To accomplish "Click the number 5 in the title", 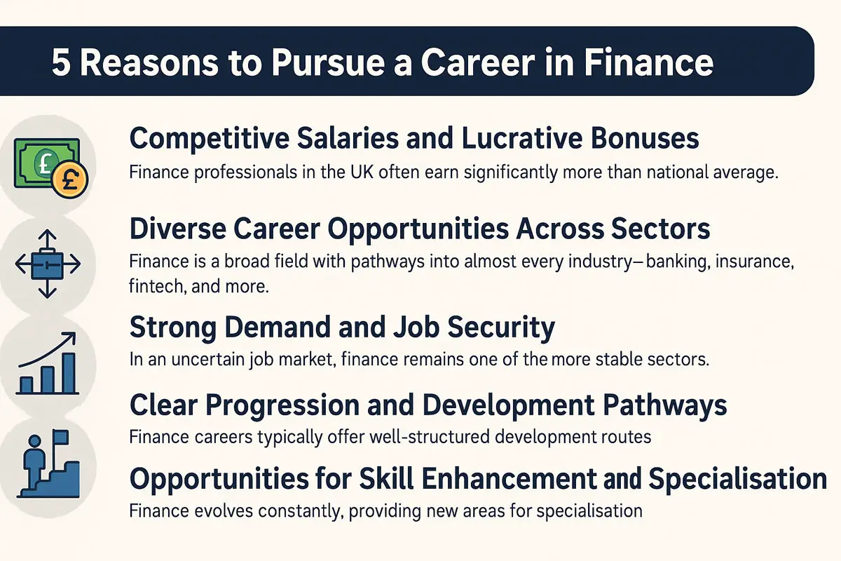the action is [x=61, y=62].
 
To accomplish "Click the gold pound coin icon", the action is [x=70, y=180].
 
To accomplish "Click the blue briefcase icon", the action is [x=48, y=264].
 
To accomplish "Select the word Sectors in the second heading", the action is [x=660, y=229].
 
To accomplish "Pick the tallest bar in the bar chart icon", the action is [x=69, y=372].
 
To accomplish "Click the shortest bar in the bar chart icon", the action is [x=26, y=385].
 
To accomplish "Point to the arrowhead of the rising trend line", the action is [x=71, y=337].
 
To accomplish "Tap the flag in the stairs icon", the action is [x=61, y=437].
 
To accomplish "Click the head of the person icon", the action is [x=34, y=441].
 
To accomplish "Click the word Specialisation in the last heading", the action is [x=737, y=478].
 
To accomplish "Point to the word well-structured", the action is [x=430, y=437].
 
